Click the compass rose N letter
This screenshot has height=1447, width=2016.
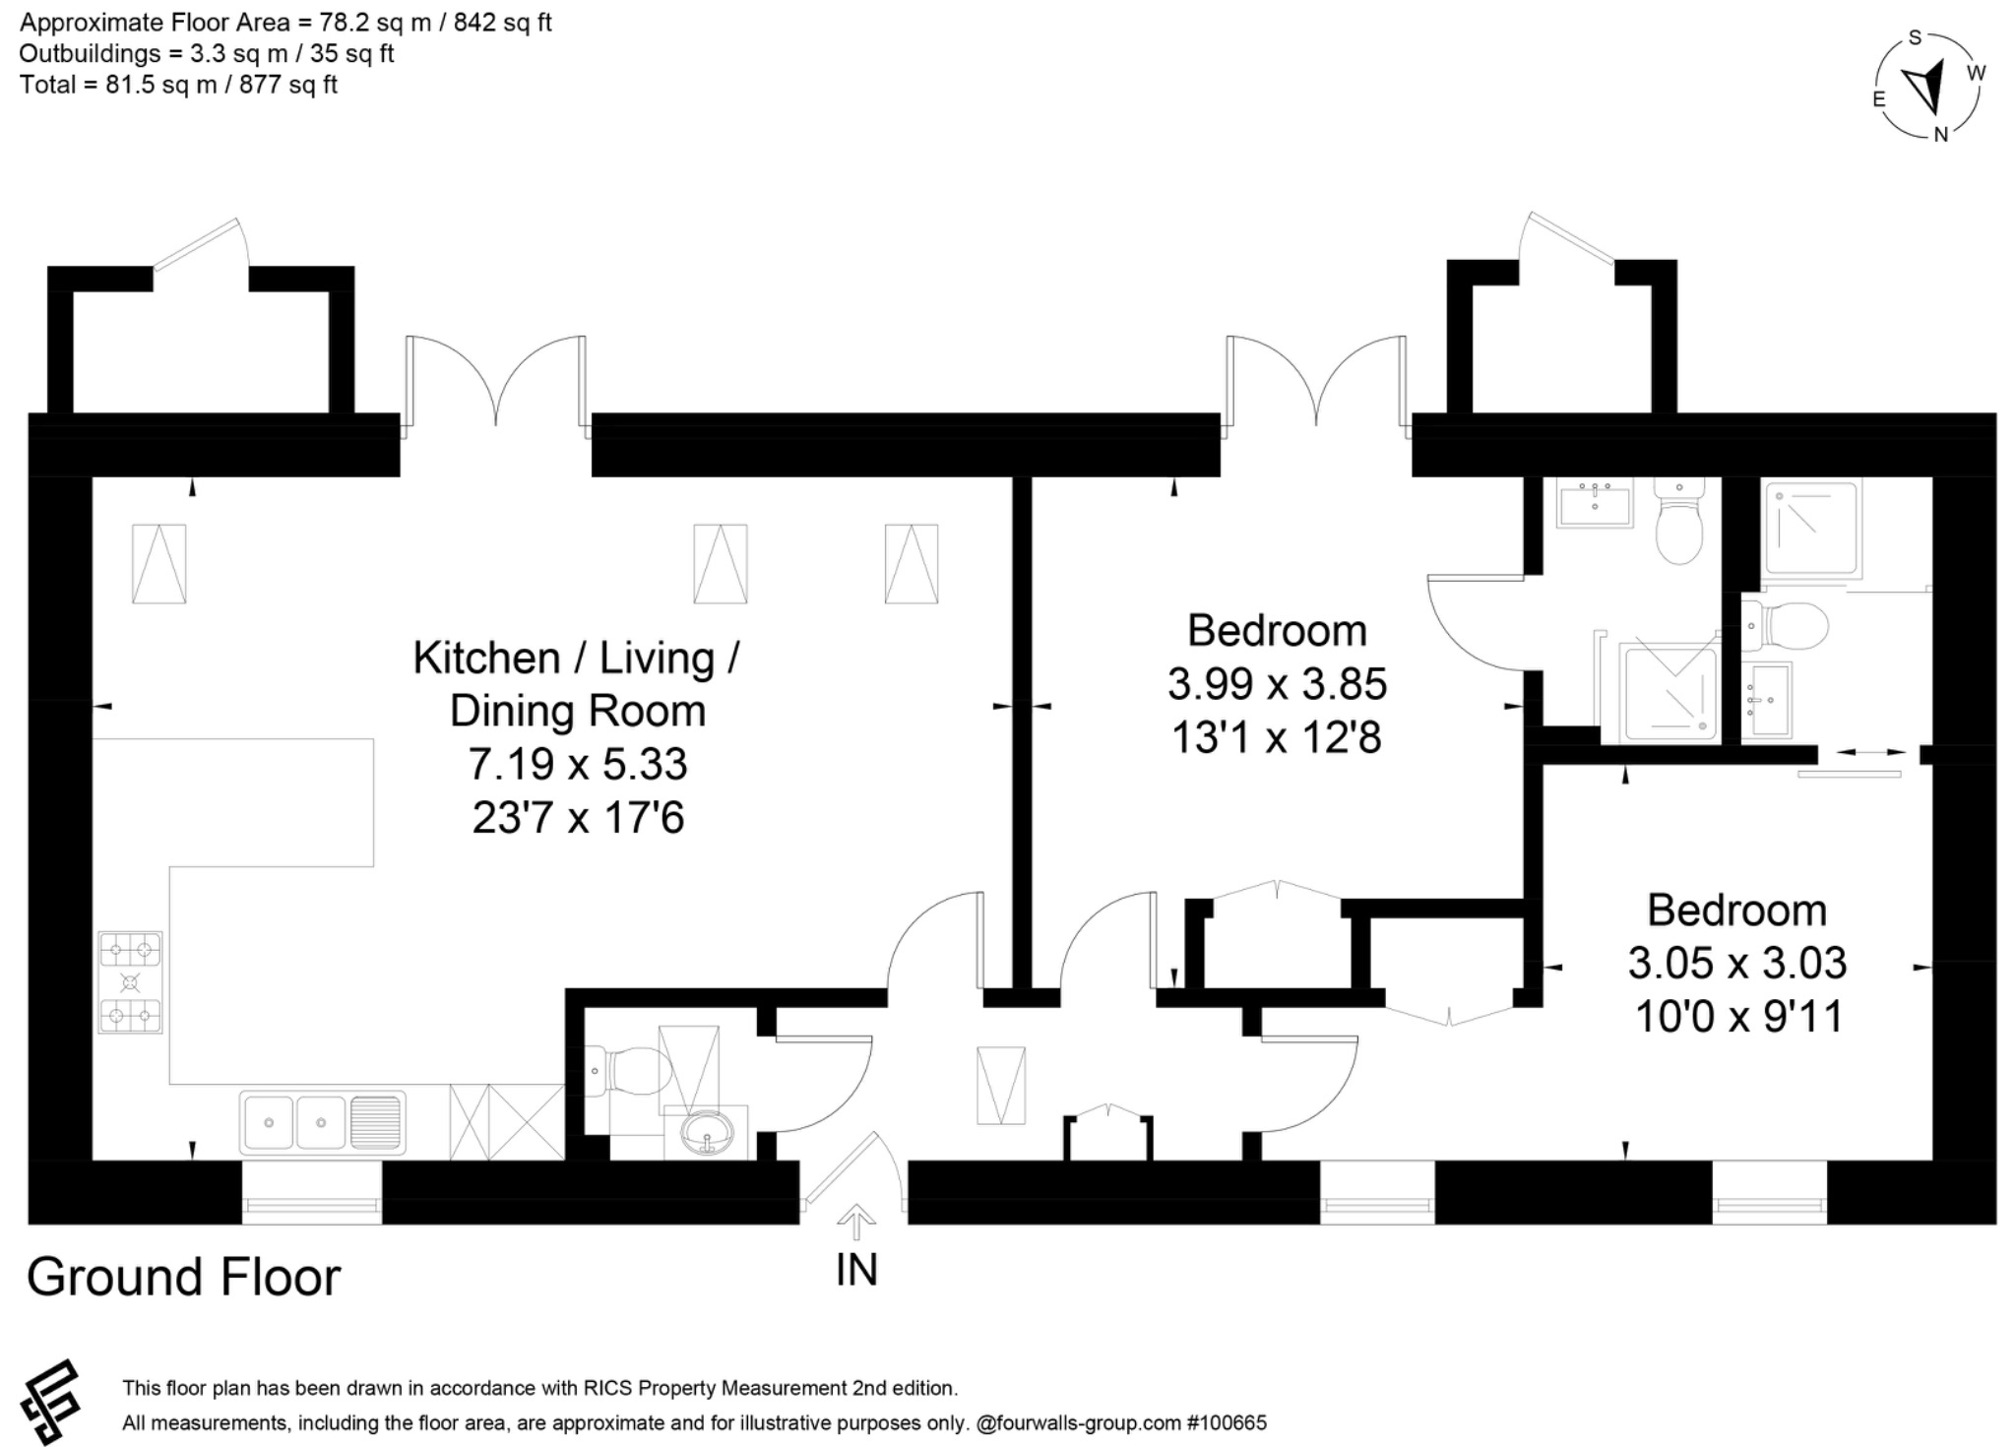pos(1940,135)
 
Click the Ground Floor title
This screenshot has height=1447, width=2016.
pos(183,1277)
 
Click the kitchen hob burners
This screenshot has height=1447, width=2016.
pos(130,982)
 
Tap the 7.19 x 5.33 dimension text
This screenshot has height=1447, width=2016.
pos(577,764)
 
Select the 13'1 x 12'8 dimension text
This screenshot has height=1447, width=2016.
pos(1277,737)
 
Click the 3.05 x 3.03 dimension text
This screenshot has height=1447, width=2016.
pos(1736,963)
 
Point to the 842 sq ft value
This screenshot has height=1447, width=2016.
pos(502,23)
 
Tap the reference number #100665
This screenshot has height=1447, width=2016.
pos(1227,1422)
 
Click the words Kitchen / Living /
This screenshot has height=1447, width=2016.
pos(576,658)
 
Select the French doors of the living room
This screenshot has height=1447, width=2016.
pos(496,384)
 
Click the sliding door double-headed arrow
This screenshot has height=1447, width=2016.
pos(1858,752)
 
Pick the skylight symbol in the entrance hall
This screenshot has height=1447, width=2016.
pos(1000,1085)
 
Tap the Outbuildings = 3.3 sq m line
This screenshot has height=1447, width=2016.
pos(206,53)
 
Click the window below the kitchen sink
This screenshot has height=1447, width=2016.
pos(311,1205)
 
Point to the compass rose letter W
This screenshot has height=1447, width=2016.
pos(1976,72)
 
